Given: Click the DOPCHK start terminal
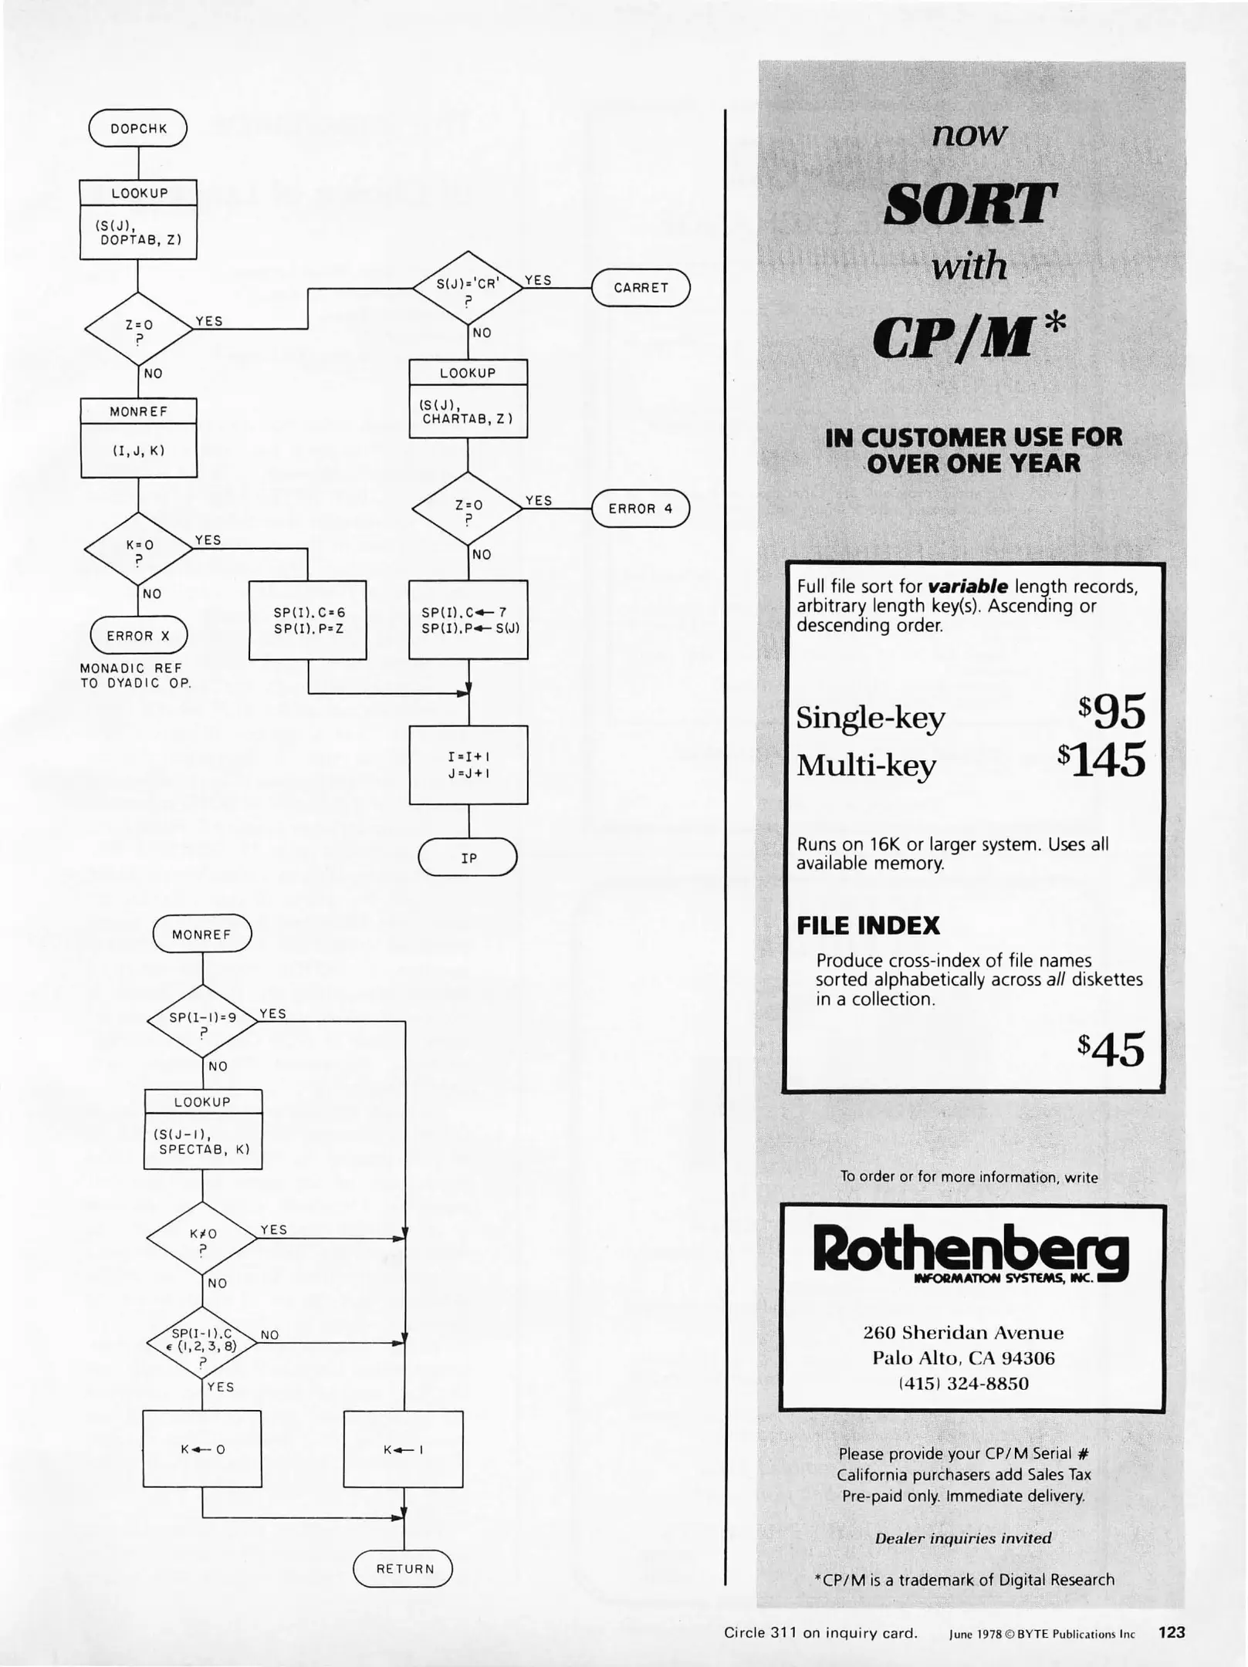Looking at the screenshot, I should pyautogui.click(x=138, y=128).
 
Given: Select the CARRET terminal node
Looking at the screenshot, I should pyautogui.click(x=641, y=288).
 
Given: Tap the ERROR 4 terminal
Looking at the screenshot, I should pyautogui.click(x=641, y=509).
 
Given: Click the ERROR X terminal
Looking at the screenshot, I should pyautogui.click(x=139, y=636).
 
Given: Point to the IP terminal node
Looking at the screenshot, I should pyautogui.click(x=468, y=857).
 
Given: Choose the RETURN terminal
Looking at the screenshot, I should pyautogui.click(x=403, y=1568).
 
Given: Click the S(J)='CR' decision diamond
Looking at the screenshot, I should pyautogui.click(x=468, y=288).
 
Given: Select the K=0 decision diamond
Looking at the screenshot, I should pyautogui.click(x=139, y=549).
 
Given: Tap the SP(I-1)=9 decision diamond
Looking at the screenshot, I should pyautogui.click(x=202, y=1022).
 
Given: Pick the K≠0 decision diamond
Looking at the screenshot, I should pyautogui.click(x=202, y=1239).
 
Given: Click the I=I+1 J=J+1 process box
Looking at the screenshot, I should pyautogui.click(x=468, y=765).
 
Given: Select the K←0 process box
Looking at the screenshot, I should pyautogui.click(x=202, y=1449).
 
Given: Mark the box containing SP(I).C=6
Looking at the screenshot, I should pyautogui.click(x=308, y=620).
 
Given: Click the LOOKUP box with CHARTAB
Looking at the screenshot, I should pyautogui.click(x=468, y=399).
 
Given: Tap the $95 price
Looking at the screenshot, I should pyautogui.click(x=1113, y=712).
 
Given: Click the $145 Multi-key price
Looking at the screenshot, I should pyautogui.click(x=1103, y=761).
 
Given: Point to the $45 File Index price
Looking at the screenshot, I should pyautogui.click(x=1112, y=1050).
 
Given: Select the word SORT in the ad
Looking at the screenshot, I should pyautogui.click(x=969, y=205).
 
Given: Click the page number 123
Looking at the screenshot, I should pyautogui.click(x=1171, y=1632).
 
